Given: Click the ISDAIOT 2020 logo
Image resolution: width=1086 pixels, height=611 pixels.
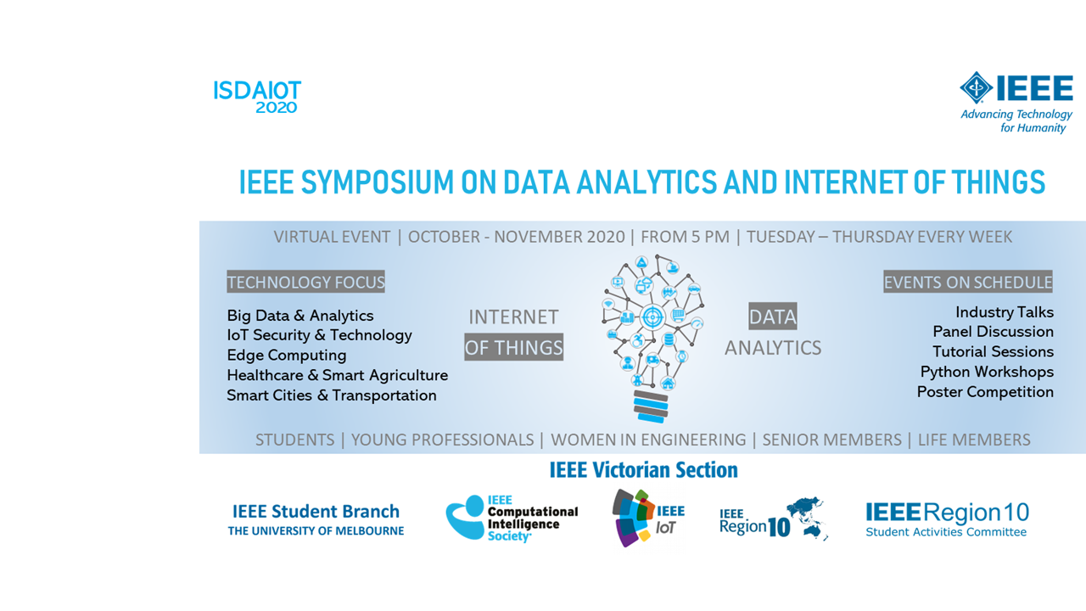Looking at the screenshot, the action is click(257, 97).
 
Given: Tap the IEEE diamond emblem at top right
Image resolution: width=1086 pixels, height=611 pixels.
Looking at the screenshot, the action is click(976, 87).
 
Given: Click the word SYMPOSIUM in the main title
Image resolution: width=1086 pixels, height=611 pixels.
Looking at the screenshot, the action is click(378, 182).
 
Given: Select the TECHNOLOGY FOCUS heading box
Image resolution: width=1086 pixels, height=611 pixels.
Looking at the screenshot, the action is click(306, 282).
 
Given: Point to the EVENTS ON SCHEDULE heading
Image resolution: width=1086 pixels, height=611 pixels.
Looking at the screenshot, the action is click(968, 282).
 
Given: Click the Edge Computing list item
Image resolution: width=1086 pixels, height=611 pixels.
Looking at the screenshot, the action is click(287, 355).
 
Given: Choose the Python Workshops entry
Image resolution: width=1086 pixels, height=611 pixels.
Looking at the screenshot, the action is click(987, 372).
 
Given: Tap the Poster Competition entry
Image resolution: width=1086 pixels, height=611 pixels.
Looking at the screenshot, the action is click(985, 392).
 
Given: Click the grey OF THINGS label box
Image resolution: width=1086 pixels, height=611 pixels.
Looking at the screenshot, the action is click(514, 347).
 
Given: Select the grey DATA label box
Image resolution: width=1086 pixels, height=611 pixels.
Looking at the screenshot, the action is click(773, 317).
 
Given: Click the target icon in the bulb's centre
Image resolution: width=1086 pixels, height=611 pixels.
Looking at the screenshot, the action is click(652, 317).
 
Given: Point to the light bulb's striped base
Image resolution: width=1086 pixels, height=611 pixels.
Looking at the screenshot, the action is click(651, 406).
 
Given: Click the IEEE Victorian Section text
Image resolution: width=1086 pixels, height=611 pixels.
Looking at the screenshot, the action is click(643, 470).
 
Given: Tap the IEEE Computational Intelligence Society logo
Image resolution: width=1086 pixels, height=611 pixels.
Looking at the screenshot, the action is click(512, 518).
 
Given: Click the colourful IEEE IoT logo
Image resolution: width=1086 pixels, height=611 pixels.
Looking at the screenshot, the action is click(648, 518).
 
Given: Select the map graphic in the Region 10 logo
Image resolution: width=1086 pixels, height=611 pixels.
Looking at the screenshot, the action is click(807, 518).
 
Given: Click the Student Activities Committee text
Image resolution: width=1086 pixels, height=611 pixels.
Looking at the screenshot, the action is click(946, 532).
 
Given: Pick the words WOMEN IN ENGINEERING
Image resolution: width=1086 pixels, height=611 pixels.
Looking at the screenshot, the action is click(648, 440).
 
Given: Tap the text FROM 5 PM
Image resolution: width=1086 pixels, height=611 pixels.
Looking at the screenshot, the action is click(685, 237).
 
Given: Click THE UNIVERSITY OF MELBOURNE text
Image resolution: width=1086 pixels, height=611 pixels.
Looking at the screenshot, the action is click(316, 531).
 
